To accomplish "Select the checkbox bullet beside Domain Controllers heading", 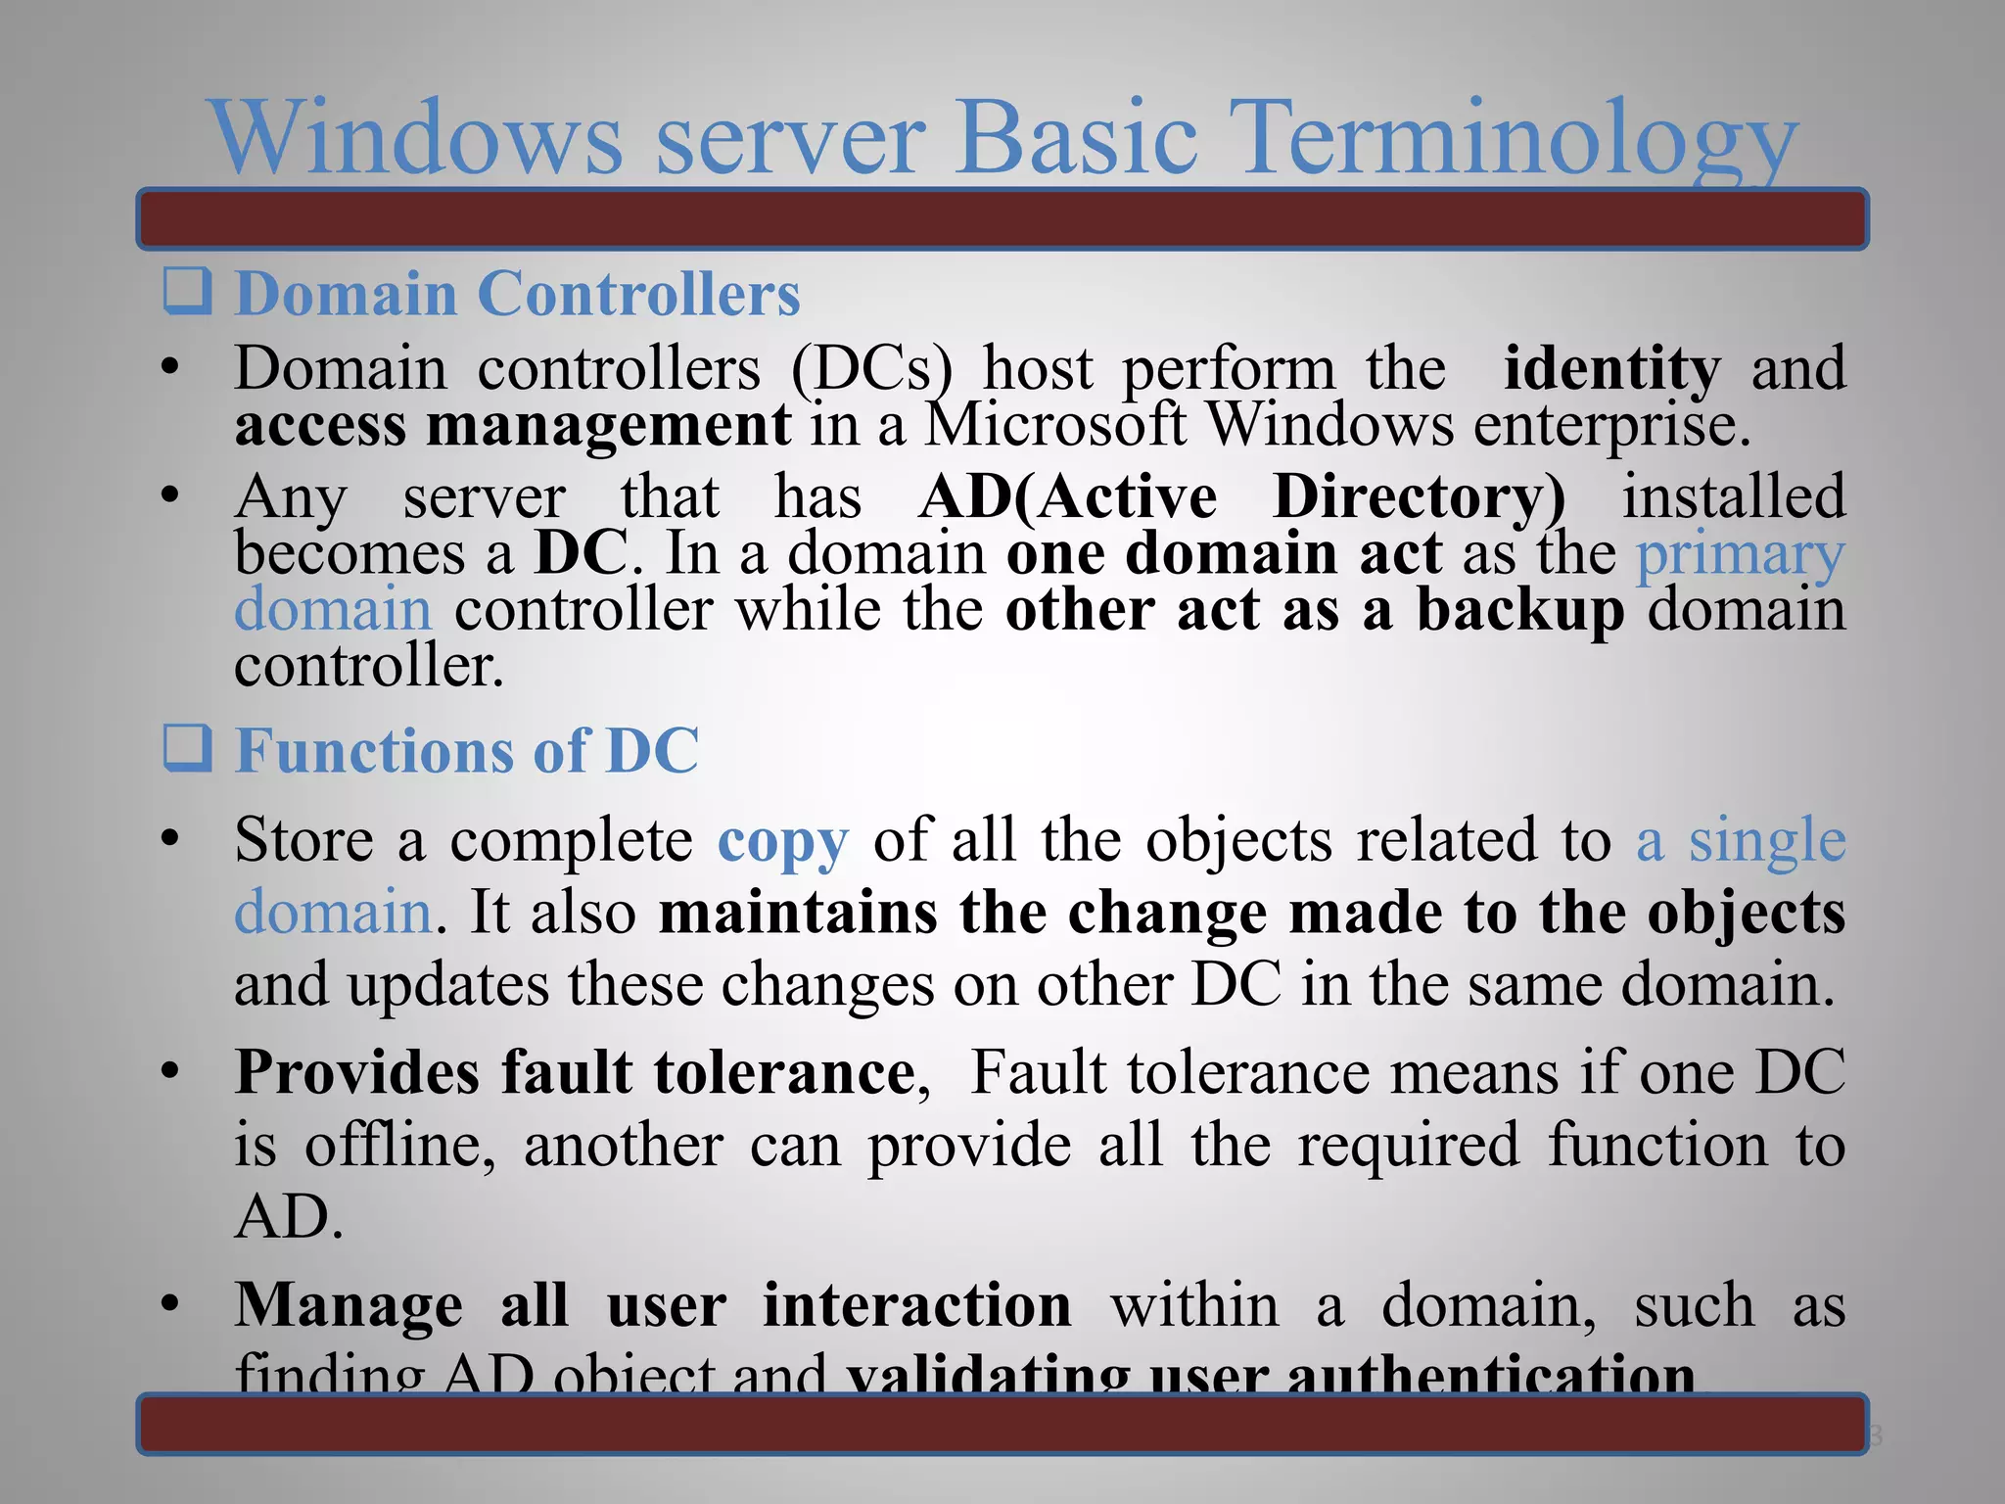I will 186,292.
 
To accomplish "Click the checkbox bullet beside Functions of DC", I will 186,749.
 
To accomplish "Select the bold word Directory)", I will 1420,495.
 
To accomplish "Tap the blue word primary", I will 1741,554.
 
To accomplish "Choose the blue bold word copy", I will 782,842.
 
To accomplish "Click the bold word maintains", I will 797,913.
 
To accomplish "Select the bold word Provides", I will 356,1072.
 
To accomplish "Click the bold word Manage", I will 349,1306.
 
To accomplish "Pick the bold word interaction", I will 917,1304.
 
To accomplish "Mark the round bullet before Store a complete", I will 171,839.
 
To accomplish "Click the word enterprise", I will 1611,427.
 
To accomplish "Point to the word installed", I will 1734,495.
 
